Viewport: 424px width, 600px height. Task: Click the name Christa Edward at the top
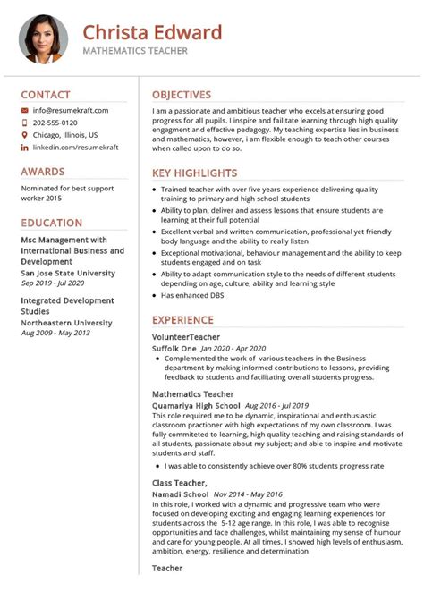[152, 33]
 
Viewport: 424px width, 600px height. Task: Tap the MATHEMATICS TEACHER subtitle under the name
[135, 52]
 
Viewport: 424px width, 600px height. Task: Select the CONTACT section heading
[46, 95]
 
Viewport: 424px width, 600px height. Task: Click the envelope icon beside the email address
[24, 110]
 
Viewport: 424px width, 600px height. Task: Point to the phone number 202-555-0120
[55, 123]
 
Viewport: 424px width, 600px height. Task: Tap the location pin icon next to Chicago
[24, 135]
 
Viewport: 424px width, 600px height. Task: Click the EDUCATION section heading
[52, 224]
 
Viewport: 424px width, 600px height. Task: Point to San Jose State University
[67, 274]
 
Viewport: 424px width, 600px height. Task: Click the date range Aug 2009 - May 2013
[55, 333]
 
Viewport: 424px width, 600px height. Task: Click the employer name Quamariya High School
[196, 405]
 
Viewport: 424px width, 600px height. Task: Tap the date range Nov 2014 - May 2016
[248, 493]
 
